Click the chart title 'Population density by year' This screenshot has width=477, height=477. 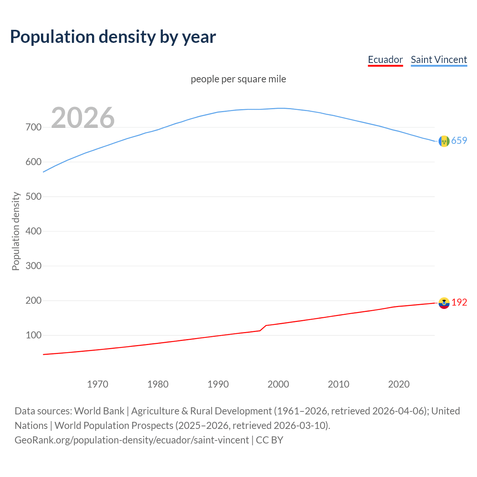[x=113, y=37]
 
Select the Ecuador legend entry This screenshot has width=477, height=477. [x=385, y=60]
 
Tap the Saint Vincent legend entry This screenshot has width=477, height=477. [x=439, y=60]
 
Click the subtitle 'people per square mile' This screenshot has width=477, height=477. [x=238, y=79]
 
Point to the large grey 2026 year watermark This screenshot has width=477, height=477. [x=83, y=118]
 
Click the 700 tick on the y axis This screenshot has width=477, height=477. [x=34, y=127]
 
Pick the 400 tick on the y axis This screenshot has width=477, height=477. [x=34, y=231]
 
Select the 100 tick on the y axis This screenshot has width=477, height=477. [x=34, y=335]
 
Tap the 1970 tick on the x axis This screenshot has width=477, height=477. [x=98, y=384]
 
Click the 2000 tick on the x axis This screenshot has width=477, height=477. [x=278, y=384]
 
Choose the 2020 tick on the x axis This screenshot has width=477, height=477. [x=399, y=384]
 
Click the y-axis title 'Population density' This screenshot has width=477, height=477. [x=16, y=231]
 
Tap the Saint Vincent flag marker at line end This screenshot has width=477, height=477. [x=444, y=141]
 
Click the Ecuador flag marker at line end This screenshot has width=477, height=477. [x=444, y=303]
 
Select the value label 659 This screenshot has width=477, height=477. [x=459, y=140]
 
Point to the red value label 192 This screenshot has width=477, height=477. [x=459, y=302]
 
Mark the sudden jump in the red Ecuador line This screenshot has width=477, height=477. [x=263, y=328]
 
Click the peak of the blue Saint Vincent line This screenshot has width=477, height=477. [x=281, y=108]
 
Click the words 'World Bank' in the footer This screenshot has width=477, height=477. [x=99, y=411]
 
